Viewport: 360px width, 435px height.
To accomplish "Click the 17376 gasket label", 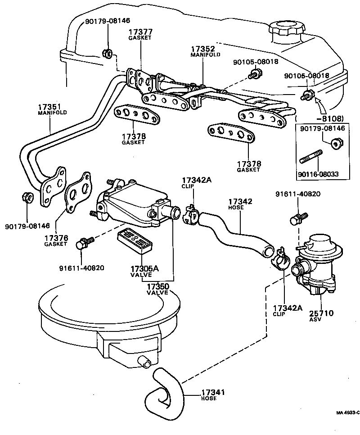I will pos(55,240).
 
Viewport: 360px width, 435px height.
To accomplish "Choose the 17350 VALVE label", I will pos(157,289).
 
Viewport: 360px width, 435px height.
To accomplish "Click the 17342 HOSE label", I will pos(240,204).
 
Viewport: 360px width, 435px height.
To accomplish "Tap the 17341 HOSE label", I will pos(212,395).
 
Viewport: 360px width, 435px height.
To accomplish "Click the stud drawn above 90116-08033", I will pos(310,159).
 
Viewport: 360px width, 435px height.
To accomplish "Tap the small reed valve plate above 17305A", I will pos(136,243).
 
